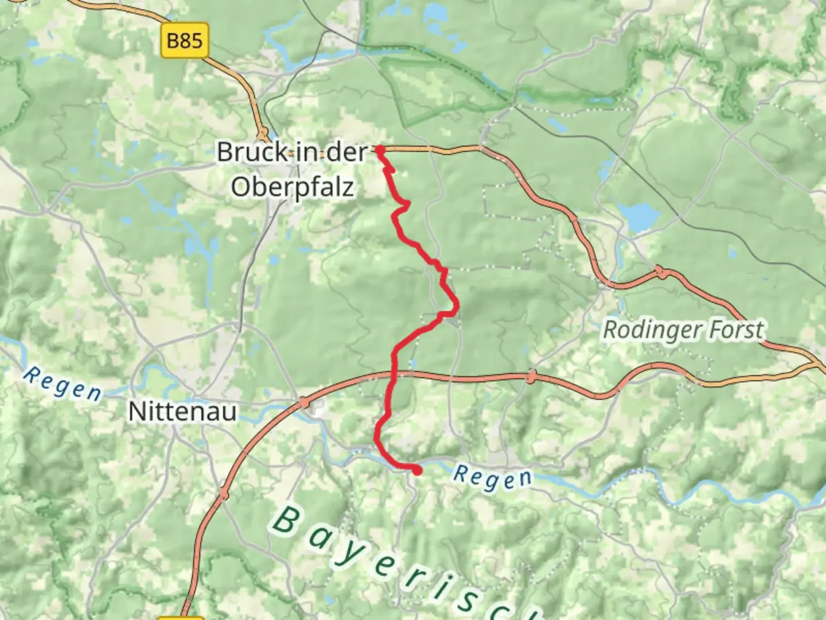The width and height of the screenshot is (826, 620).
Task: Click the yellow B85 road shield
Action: [185, 41]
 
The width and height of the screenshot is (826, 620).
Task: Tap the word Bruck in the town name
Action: [252, 152]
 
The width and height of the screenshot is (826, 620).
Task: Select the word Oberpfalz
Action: [292, 188]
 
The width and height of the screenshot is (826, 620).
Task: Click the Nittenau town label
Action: [182, 412]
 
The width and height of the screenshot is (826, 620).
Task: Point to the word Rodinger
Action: [652, 331]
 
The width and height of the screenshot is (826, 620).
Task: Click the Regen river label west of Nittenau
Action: [63, 383]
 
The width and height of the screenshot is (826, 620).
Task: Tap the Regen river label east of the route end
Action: [492, 478]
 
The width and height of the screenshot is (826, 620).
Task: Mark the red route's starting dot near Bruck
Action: [380, 150]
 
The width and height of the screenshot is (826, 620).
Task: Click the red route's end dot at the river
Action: [417, 471]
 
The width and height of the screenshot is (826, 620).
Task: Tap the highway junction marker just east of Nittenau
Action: [303, 403]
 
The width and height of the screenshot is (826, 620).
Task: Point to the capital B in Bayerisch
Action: [286, 520]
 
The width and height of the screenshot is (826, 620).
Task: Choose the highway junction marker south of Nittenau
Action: [224, 493]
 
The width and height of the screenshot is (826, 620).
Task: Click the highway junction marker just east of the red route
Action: [532, 377]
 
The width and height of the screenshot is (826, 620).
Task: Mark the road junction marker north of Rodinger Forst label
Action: [660, 272]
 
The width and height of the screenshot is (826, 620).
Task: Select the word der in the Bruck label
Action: [348, 152]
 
